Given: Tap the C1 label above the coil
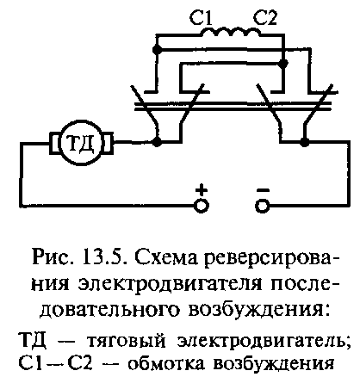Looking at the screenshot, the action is [x=201, y=18].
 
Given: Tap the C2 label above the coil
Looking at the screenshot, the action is [x=265, y=18].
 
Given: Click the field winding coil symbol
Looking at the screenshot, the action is [x=231, y=32].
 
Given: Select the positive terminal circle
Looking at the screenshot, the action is [x=202, y=206].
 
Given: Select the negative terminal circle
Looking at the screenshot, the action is [x=263, y=206].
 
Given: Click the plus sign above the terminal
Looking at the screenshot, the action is [x=202, y=189].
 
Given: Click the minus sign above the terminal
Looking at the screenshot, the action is [x=263, y=189].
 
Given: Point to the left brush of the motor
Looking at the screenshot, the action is [x=54, y=142].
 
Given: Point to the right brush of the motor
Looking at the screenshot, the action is [x=108, y=142].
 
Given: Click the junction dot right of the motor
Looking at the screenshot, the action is [x=157, y=142].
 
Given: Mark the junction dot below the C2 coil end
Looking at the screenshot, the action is [x=283, y=63].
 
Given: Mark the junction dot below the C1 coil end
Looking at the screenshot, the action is [x=157, y=50].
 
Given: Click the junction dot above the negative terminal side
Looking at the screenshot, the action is [x=304, y=142].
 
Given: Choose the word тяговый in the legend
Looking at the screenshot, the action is [x=127, y=342].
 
